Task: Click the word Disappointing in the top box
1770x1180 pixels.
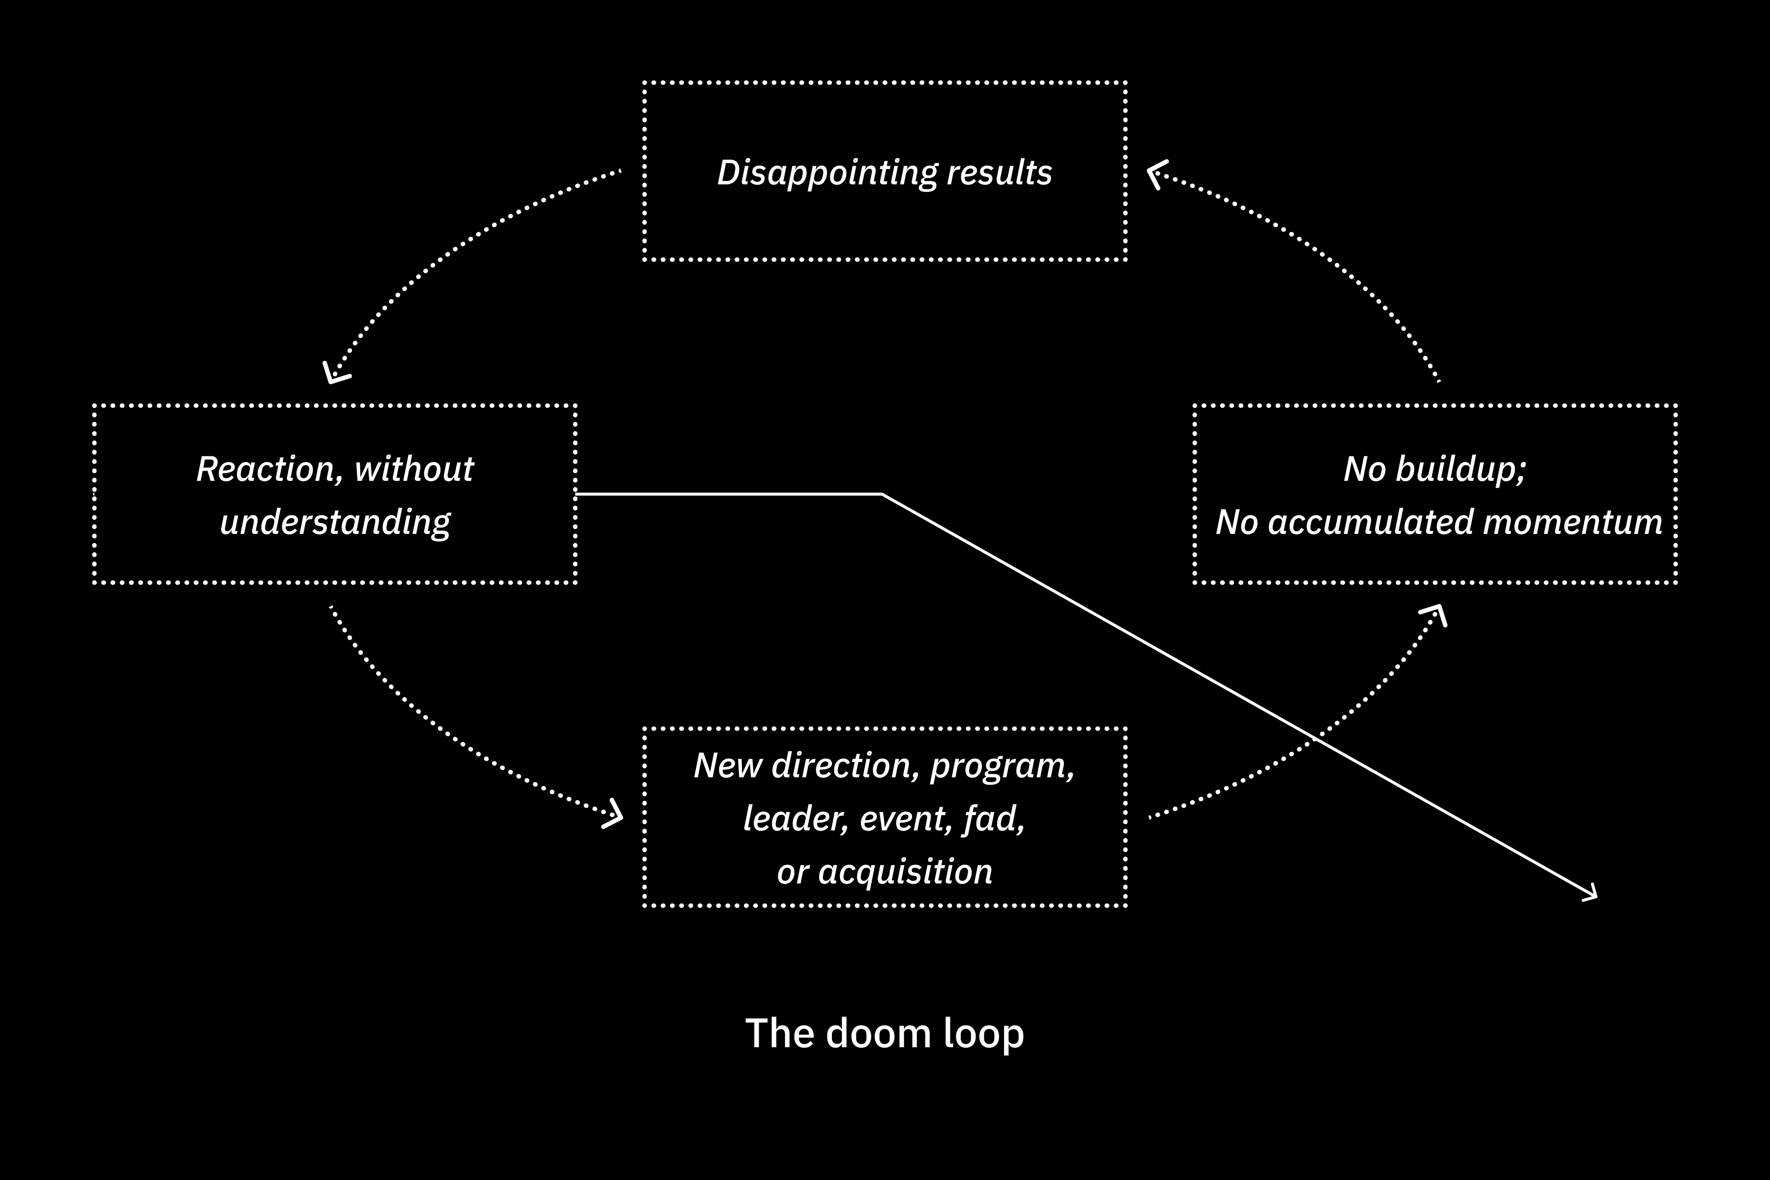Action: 826,173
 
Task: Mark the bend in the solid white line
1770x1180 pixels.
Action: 881,495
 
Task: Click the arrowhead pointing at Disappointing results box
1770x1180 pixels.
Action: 1154,174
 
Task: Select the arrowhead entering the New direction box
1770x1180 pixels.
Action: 615,816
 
